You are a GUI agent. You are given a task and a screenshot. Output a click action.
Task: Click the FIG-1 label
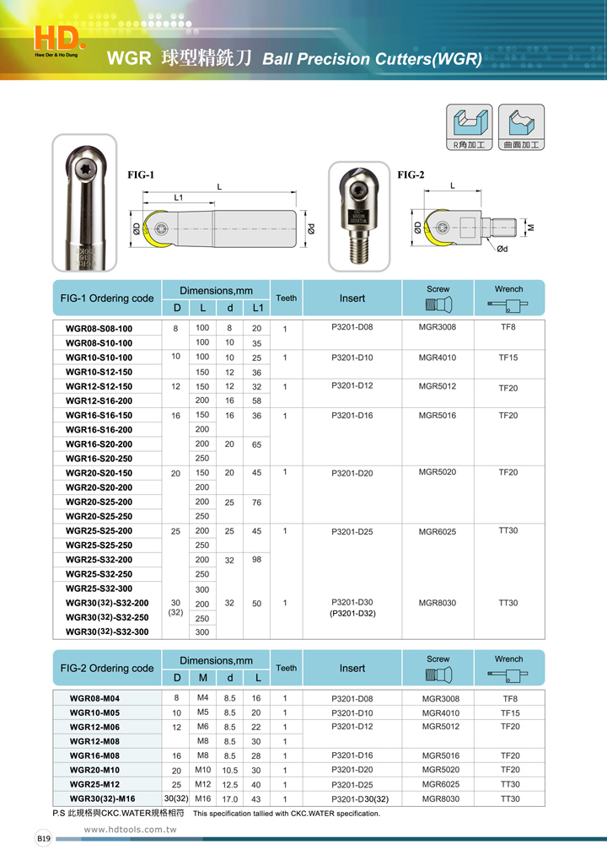click(x=141, y=175)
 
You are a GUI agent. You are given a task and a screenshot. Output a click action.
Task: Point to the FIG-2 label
click(x=411, y=175)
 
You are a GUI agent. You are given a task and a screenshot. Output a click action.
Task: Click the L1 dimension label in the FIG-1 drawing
click(x=179, y=196)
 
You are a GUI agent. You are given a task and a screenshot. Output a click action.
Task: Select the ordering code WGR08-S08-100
click(x=99, y=328)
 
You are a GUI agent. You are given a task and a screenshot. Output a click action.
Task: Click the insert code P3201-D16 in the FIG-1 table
click(x=352, y=415)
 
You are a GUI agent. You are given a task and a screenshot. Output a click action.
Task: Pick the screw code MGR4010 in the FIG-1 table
click(x=438, y=357)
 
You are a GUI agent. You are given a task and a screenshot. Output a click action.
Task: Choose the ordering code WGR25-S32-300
click(x=99, y=589)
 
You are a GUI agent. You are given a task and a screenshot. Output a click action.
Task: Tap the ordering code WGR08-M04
click(x=94, y=699)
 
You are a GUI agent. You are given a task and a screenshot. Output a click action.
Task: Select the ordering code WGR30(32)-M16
click(x=102, y=798)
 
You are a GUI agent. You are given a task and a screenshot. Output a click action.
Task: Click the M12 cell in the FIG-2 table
click(x=203, y=784)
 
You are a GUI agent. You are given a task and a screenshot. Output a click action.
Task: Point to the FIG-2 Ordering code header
click(x=107, y=668)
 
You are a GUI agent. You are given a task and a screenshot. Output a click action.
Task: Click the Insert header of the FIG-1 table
click(x=352, y=298)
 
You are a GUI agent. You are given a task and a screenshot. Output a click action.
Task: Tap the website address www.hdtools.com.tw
click(x=130, y=830)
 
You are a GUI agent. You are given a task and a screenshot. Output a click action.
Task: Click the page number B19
click(x=44, y=839)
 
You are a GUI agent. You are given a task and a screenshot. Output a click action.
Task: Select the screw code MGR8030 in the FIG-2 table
click(x=440, y=798)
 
